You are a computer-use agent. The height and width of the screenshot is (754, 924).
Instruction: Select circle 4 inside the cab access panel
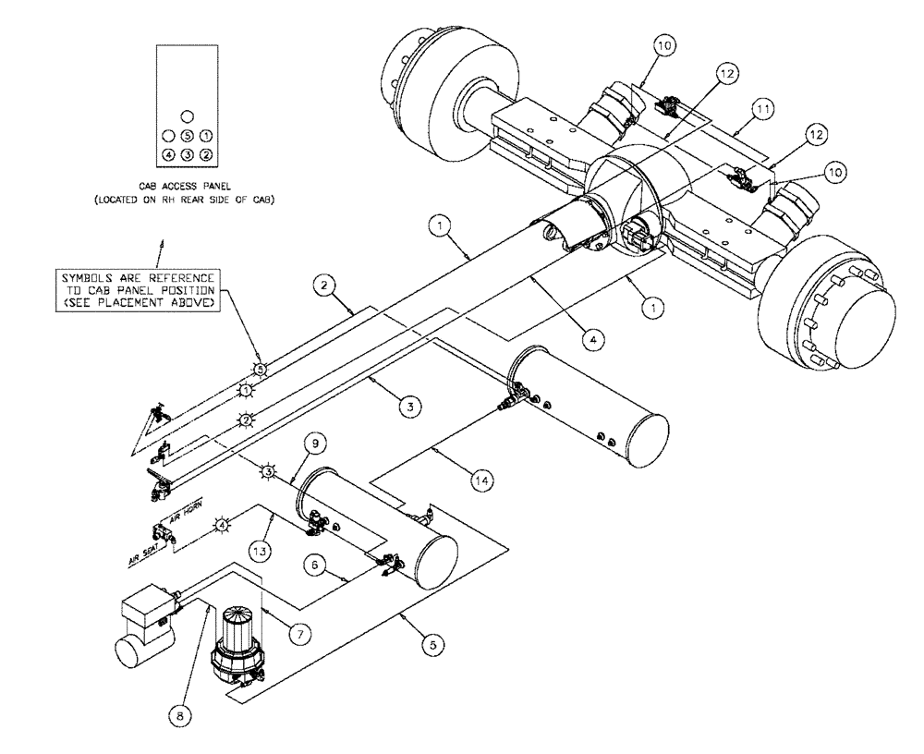168,154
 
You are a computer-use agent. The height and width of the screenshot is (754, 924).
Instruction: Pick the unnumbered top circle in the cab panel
188,116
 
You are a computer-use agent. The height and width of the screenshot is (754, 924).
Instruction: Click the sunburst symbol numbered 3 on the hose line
268,472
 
